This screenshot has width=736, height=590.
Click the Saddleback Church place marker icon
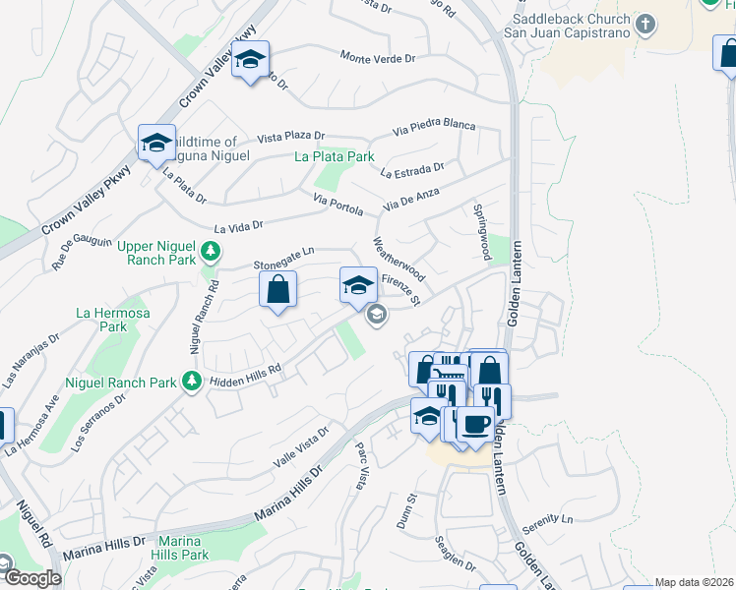[x=645, y=25]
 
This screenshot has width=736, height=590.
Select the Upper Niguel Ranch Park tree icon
[x=209, y=253]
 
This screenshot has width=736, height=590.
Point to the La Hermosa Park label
[x=101, y=319]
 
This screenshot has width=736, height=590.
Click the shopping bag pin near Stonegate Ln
[x=278, y=290]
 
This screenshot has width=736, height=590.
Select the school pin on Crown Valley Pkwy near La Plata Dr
[x=156, y=144]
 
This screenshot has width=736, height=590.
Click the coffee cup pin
[x=475, y=424]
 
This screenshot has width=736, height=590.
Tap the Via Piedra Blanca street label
[x=434, y=127]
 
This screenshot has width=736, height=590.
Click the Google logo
[x=32, y=578]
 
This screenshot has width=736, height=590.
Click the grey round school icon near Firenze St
[x=375, y=315]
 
